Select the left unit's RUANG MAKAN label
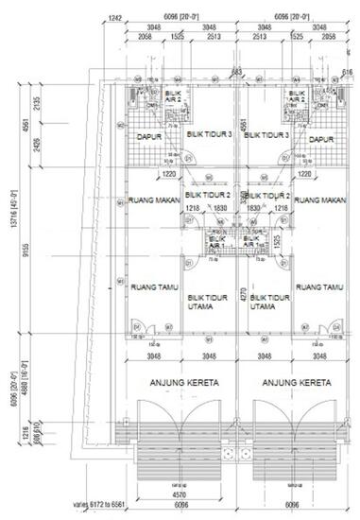pyautogui.click(x=149, y=200)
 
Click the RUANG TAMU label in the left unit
pyautogui.click(x=149, y=287)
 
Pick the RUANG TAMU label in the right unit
pyautogui.click(x=322, y=287)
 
